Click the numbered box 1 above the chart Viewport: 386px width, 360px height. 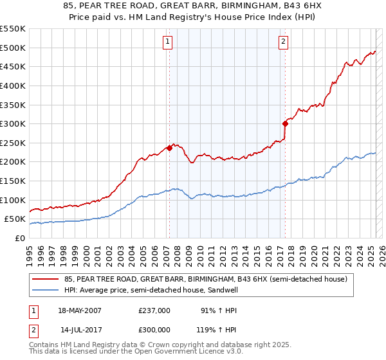point(167,42)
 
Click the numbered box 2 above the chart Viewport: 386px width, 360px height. point(283,42)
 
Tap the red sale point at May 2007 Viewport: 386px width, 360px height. point(169,148)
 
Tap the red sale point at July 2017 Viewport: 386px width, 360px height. point(284,123)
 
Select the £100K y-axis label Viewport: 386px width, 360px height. point(14,200)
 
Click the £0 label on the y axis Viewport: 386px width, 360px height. point(19,238)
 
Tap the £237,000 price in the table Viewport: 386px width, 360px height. point(154,310)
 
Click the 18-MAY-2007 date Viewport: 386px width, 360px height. point(80,310)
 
